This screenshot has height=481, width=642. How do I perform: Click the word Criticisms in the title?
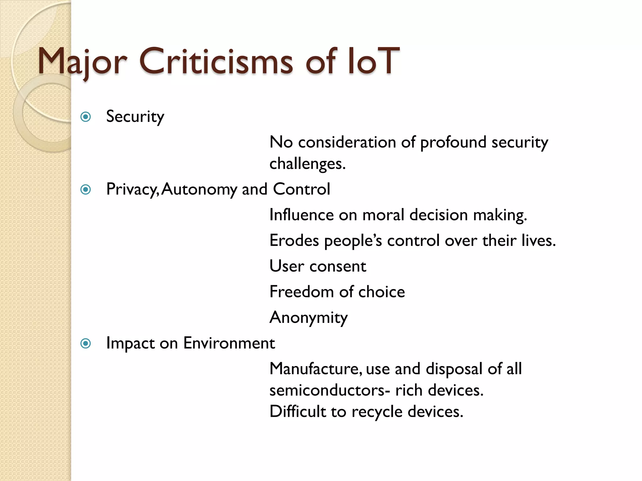(216, 61)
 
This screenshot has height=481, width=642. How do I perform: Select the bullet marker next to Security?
(86, 117)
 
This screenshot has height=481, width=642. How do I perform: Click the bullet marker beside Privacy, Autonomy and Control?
(86, 190)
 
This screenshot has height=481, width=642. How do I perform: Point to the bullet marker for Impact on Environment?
(86, 344)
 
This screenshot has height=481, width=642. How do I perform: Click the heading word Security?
(135, 117)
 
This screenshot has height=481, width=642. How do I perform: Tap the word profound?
(453, 142)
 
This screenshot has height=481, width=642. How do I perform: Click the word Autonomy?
(199, 189)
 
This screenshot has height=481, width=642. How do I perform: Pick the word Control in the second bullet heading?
(301, 189)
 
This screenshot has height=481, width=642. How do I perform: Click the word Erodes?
(294, 241)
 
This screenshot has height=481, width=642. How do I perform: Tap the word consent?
(338, 266)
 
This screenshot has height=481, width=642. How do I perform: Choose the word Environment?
(229, 343)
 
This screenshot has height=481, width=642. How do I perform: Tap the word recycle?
(377, 412)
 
